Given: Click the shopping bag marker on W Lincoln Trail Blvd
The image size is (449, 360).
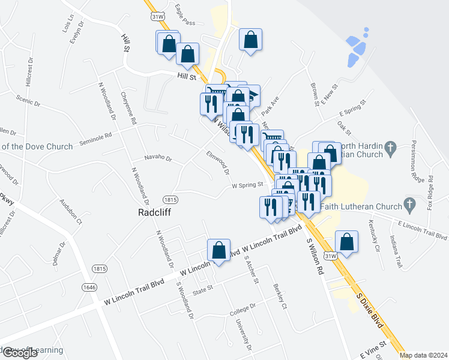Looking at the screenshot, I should tap(219, 250).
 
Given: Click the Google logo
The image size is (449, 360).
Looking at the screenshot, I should tap(19, 353).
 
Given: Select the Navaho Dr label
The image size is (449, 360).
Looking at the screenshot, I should tap(158, 159).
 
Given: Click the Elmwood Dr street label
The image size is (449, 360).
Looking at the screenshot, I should tap(218, 162).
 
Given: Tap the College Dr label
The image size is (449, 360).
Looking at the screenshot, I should tap(243, 309).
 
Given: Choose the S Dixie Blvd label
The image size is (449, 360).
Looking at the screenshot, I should tap(369, 308).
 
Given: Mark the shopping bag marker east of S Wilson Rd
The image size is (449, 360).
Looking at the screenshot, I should tap(347, 242).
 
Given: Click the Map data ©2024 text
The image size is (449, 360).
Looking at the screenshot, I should tap(424, 355).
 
